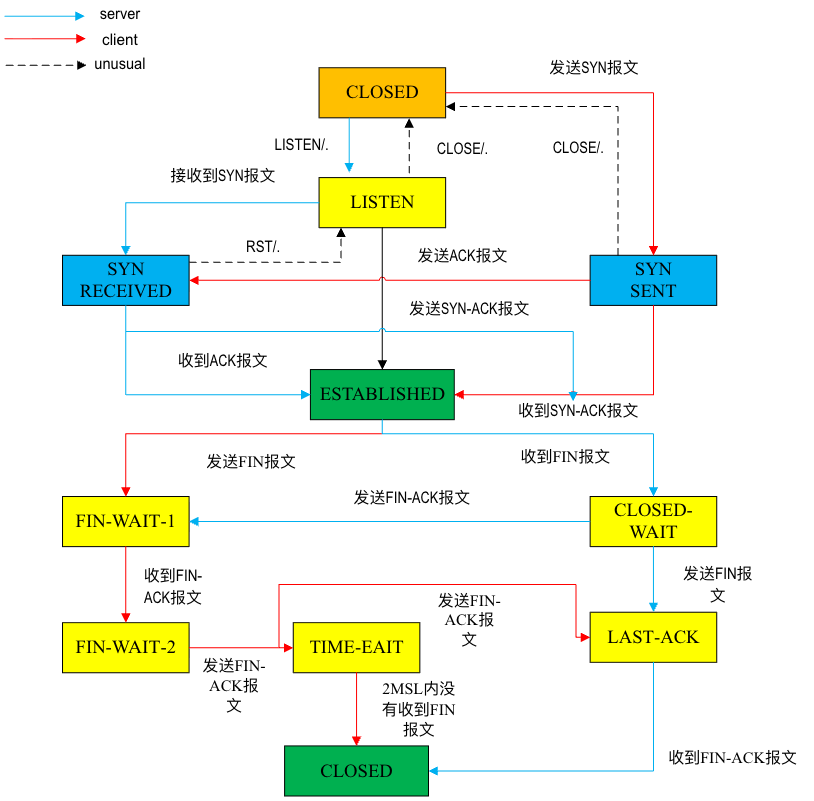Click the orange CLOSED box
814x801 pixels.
(382, 93)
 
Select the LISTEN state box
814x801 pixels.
(382, 203)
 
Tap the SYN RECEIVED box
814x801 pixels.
(126, 280)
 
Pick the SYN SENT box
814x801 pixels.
(653, 280)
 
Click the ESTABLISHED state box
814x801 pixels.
(382, 394)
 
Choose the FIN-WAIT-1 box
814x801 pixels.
(126, 521)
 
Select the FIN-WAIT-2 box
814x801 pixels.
(126, 647)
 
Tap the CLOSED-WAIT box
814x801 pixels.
(653, 521)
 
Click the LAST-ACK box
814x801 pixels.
(653, 637)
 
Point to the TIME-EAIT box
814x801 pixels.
(356, 647)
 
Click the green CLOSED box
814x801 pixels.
(356, 771)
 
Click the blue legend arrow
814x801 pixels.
(45, 16)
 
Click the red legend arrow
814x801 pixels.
(45, 39)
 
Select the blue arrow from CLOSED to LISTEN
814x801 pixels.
(349, 146)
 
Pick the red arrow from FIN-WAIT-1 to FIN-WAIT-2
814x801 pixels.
(126, 584)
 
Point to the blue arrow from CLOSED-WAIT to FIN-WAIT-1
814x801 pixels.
(390, 521)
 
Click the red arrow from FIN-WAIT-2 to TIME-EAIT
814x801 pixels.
(240, 648)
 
